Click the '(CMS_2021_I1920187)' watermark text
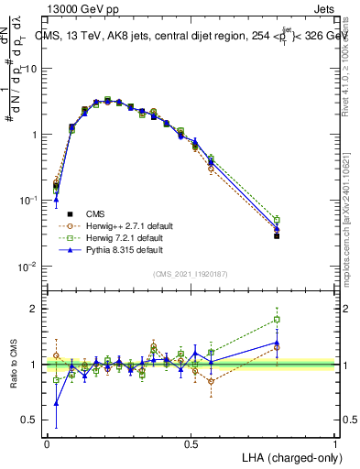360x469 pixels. (x=191, y=274)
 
